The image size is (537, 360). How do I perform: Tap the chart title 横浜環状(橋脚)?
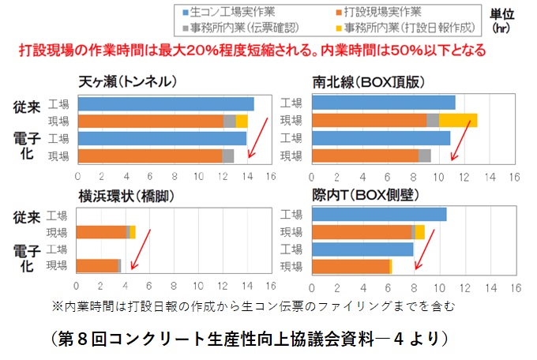[x=126, y=196]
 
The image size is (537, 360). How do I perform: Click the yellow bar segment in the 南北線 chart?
[x=458, y=121]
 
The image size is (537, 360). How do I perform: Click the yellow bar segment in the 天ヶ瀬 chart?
[x=242, y=121]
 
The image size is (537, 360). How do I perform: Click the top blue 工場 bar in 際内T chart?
[x=379, y=215]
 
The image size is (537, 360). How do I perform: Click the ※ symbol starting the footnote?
[x=56, y=304]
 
